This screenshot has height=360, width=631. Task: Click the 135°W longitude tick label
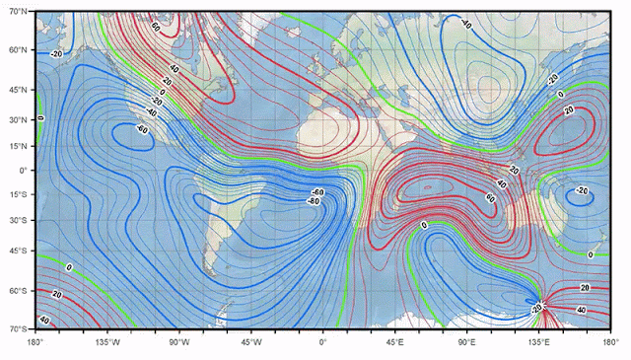pos(107,342)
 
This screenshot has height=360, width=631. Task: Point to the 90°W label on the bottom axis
pos(178,342)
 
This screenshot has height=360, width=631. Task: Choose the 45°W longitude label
pos(250,342)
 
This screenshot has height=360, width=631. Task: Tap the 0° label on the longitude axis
pos(322,342)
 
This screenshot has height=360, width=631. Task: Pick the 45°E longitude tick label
pos(394,342)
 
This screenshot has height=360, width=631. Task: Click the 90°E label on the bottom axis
pos(465,342)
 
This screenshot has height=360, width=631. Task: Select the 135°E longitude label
pos(537,342)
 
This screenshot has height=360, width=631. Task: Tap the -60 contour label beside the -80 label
pos(317,191)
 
